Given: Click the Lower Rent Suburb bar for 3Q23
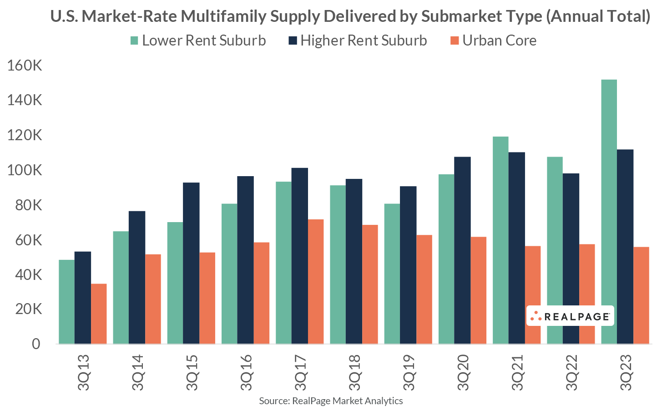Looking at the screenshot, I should pyautogui.click(x=609, y=212).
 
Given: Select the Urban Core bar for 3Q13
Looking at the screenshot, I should pyautogui.click(x=99, y=314).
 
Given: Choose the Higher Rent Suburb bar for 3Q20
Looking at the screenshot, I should pyautogui.click(x=462, y=250).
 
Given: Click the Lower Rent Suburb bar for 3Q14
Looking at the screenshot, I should pyautogui.click(x=121, y=287).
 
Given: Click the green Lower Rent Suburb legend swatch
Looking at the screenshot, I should pyautogui.click(x=134, y=41).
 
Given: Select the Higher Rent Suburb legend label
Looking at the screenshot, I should pyautogui.click(x=364, y=41).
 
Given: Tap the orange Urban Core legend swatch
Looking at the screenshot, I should pyautogui.click(x=454, y=41).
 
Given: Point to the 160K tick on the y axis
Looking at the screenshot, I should pyautogui.click(x=25, y=66).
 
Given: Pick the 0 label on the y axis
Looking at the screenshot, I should pyautogui.click(x=35, y=344).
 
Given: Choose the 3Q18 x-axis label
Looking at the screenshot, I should pyautogui.click(x=354, y=372).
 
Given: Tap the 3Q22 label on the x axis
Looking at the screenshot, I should pyautogui.click(x=571, y=372).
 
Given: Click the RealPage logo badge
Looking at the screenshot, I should pyautogui.click(x=570, y=316).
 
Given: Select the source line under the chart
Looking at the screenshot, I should pyautogui.click(x=331, y=401).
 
